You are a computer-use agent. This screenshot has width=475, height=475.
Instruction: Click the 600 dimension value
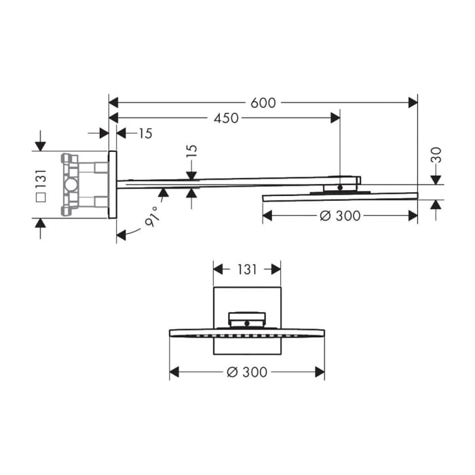click(x=263, y=102)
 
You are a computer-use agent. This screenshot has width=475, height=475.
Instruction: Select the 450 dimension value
click(x=226, y=118)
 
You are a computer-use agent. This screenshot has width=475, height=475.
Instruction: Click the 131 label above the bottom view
click(x=247, y=269)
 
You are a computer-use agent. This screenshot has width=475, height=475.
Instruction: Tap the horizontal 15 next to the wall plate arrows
click(x=145, y=134)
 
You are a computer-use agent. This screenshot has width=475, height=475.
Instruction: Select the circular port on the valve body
click(x=71, y=185)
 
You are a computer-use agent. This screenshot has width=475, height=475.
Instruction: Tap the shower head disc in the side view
click(x=339, y=197)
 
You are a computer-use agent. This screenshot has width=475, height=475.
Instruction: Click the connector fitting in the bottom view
click(x=247, y=318)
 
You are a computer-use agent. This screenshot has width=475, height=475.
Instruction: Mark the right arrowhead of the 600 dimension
click(x=413, y=102)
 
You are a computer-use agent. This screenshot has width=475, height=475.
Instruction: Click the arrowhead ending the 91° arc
click(x=121, y=235)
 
